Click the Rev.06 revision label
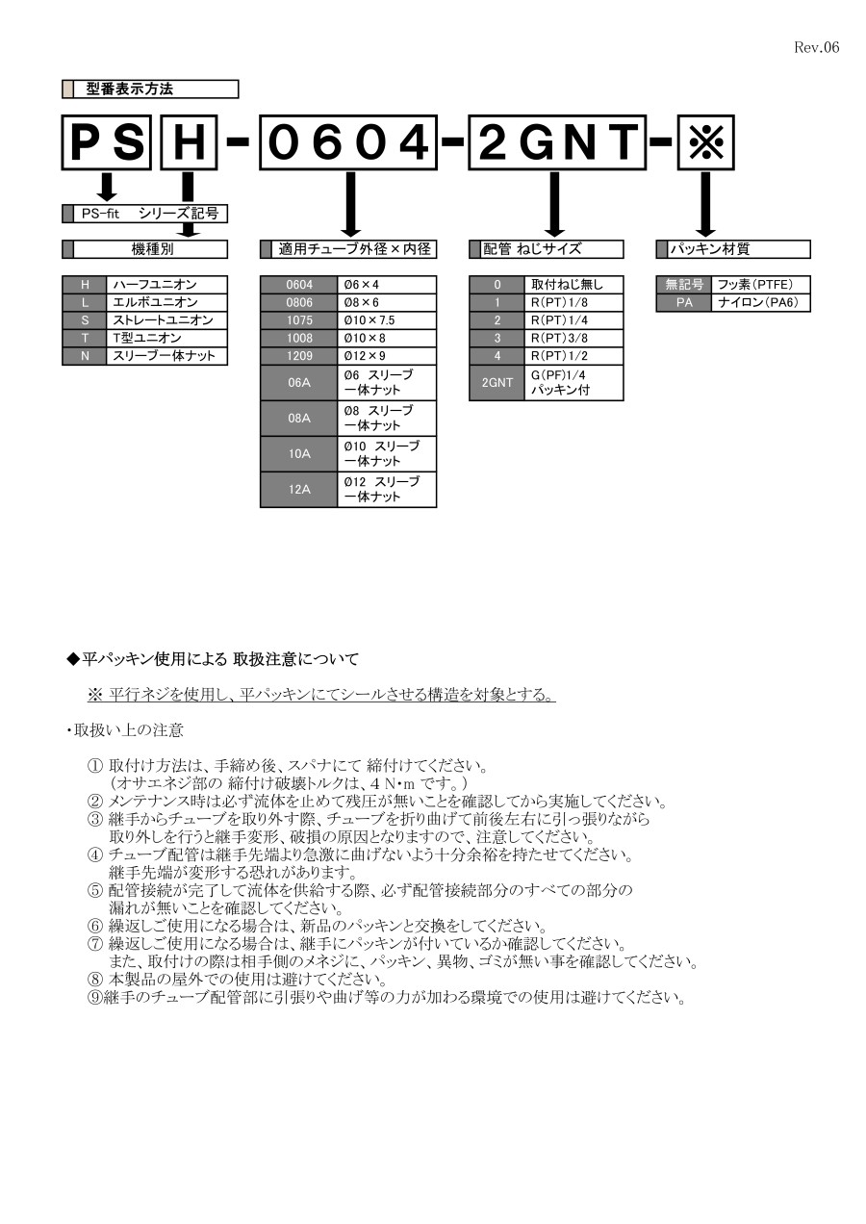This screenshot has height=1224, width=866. pos(816,47)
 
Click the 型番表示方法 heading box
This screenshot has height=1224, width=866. pos(150,89)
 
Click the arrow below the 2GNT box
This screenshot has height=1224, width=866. pos(554,203)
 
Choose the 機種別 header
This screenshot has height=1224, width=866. pos(150,249)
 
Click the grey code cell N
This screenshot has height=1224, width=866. pos(85,356)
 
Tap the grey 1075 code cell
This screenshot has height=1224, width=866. pos(298,320)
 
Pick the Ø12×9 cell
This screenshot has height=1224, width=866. pos(386,356)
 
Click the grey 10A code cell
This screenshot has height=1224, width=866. pos(298,454)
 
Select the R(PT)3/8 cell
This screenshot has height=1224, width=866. pos(573,338)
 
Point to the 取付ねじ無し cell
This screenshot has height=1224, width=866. pos(573,285)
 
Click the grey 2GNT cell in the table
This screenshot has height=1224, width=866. pos(497,383)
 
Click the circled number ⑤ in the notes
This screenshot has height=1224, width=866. pos(94,890)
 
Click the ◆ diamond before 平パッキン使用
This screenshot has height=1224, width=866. pos(71,659)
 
